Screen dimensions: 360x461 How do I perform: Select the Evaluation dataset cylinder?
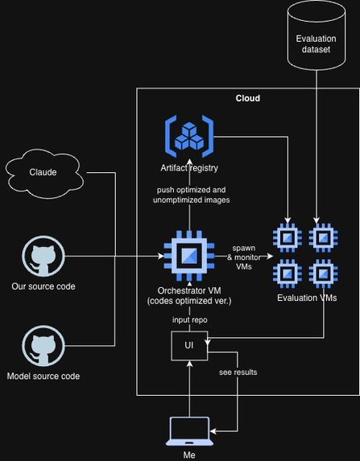(x=317, y=35)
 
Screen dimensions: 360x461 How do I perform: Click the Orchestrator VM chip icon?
(x=189, y=256)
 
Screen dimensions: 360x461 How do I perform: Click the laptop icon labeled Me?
(x=189, y=431)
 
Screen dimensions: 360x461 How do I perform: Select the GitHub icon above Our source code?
(x=43, y=256)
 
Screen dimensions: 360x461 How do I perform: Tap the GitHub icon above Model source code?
(x=43, y=346)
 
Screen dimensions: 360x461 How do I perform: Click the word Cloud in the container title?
(x=248, y=98)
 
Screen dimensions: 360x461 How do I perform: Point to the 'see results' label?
(x=238, y=373)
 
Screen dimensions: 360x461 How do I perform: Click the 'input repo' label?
(x=190, y=319)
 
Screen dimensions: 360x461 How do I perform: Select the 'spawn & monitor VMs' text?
(x=244, y=257)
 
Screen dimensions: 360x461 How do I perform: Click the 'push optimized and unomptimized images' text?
(x=192, y=195)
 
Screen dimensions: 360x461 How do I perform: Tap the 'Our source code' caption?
(x=43, y=286)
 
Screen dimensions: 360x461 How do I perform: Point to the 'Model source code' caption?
(x=43, y=376)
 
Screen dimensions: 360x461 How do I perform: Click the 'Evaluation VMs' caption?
(x=307, y=298)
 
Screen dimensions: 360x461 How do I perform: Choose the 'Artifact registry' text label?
(x=189, y=168)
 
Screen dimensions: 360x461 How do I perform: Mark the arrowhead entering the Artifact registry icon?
(x=189, y=163)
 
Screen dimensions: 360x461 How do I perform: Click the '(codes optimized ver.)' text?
(x=189, y=301)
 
